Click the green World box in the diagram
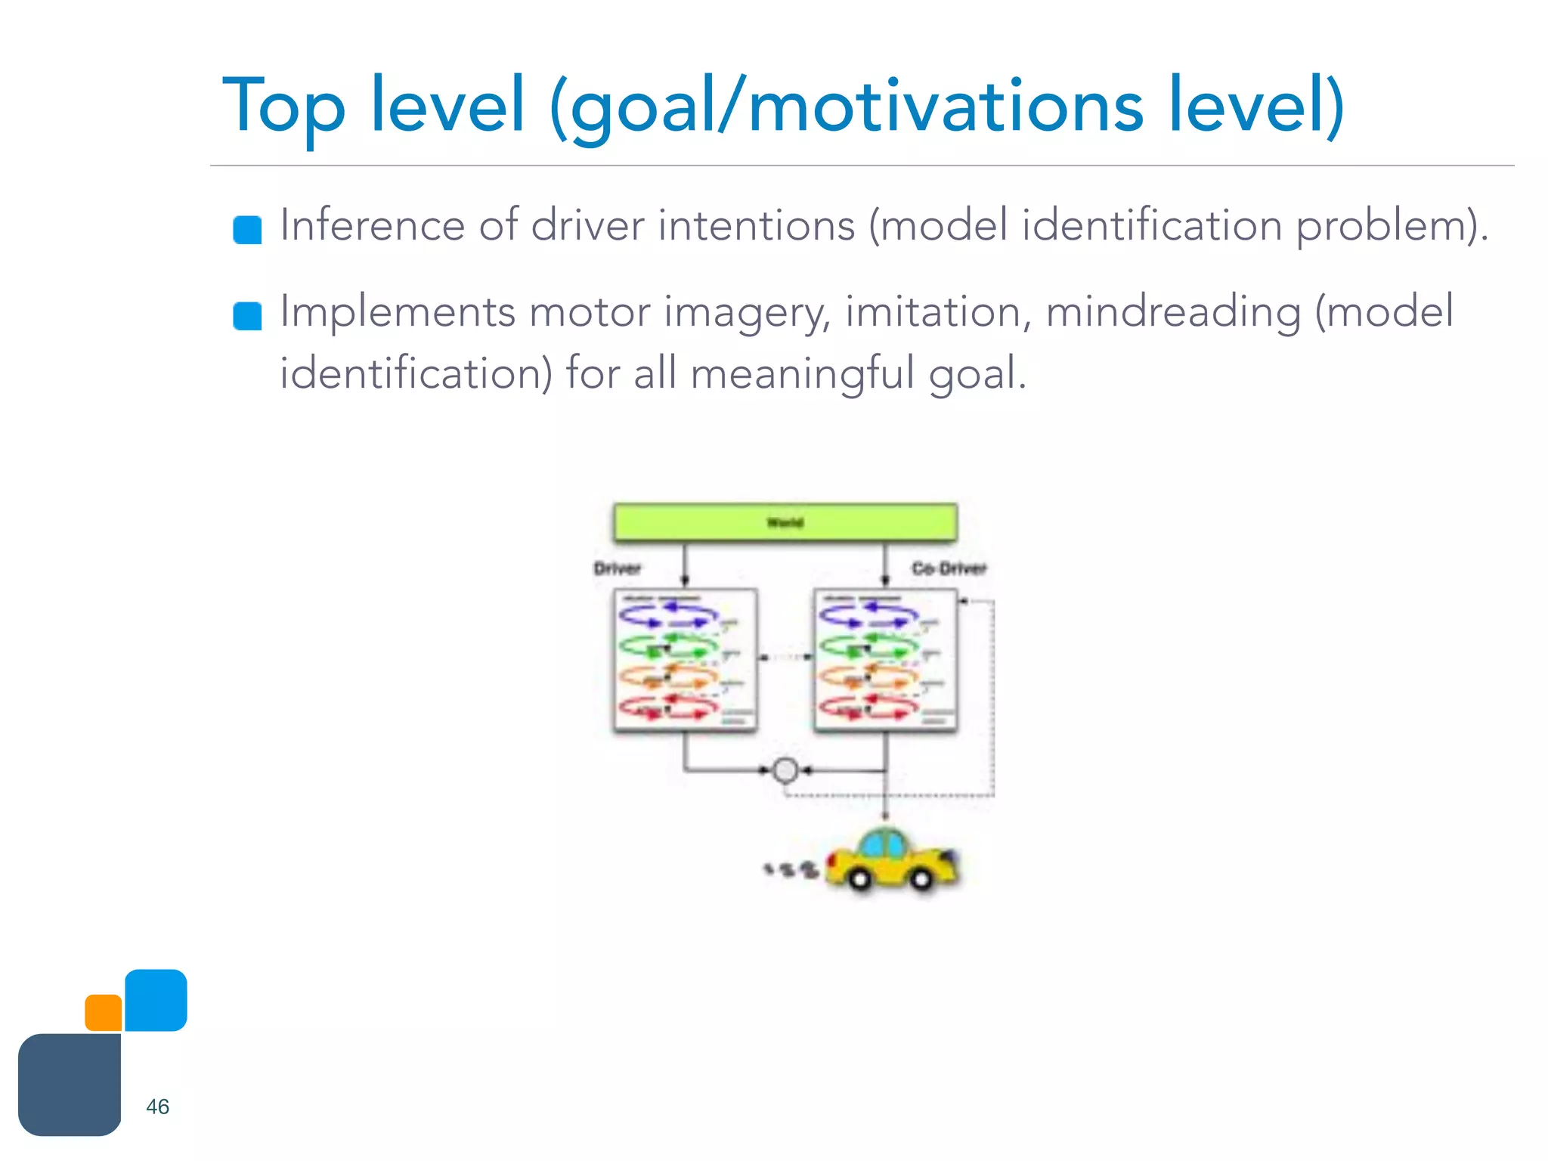[x=785, y=522]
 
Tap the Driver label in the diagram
[x=618, y=568]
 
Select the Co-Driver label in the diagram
[x=949, y=568]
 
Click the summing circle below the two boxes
[x=785, y=770]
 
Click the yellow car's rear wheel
[x=859, y=879]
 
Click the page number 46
[x=157, y=1107]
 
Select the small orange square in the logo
[x=104, y=1013]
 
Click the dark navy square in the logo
[x=70, y=1085]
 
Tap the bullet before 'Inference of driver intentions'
[x=247, y=230]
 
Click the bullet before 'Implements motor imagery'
[x=247, y=316]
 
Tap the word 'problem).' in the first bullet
[x=1392, y=225]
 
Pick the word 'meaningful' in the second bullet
[x=802, y=374]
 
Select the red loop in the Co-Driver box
[x=868, y=707]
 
